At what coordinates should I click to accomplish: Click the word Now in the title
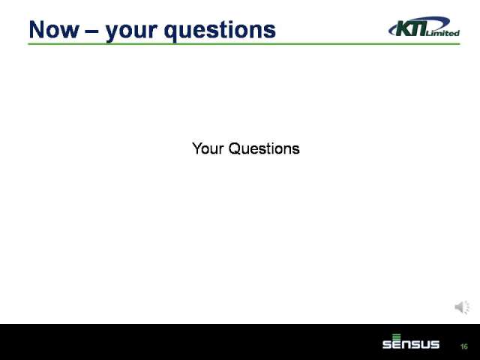coord(54,30)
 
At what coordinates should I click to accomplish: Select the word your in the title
coord(132,32)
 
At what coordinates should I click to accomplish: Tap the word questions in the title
coord(220,31)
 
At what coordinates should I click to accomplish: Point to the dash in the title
coord(92,31)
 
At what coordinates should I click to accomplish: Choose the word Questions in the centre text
coord(264,148)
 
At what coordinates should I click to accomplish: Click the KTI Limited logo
coord(424,27)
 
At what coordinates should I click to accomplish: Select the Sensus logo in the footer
coord(411,341)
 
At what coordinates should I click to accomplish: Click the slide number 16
coord(464,346)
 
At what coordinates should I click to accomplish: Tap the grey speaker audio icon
coord(462,307)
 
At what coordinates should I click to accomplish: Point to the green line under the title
coord(244,44)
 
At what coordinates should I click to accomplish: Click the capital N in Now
coord(37,30)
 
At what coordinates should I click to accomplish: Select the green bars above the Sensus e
coord(397,337)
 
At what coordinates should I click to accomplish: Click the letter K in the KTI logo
coord(404,28)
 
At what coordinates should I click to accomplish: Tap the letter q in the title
coord(172,33)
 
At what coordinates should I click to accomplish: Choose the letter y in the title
coord(113,33)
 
